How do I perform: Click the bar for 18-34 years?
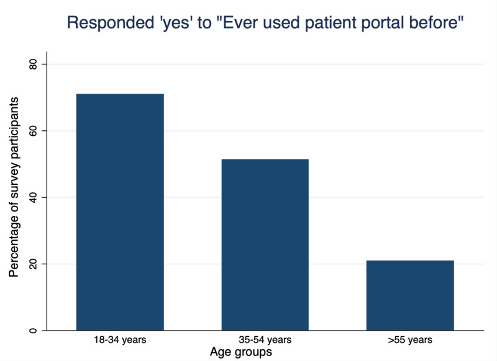[x=120, y=212]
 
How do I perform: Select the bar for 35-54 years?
[x=265, y=245]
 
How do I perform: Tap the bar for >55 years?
[x=410, y=295]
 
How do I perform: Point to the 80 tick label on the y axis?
[x=34, y=65]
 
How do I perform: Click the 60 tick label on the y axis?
[x=34, y=131]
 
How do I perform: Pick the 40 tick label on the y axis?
[x=34, y=197]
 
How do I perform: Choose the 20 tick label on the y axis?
[x=34, y=264]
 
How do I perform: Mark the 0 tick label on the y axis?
[x=34, y=331]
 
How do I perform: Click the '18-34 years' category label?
[x=120, y=340]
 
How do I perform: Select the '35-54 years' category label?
[x=265, y=340]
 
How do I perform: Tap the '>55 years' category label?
[x=410, y=340]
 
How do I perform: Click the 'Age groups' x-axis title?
[x=241, y=352]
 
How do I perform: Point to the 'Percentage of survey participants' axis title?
[x=14, y=187]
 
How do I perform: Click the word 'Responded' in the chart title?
[x=111, y=23]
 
